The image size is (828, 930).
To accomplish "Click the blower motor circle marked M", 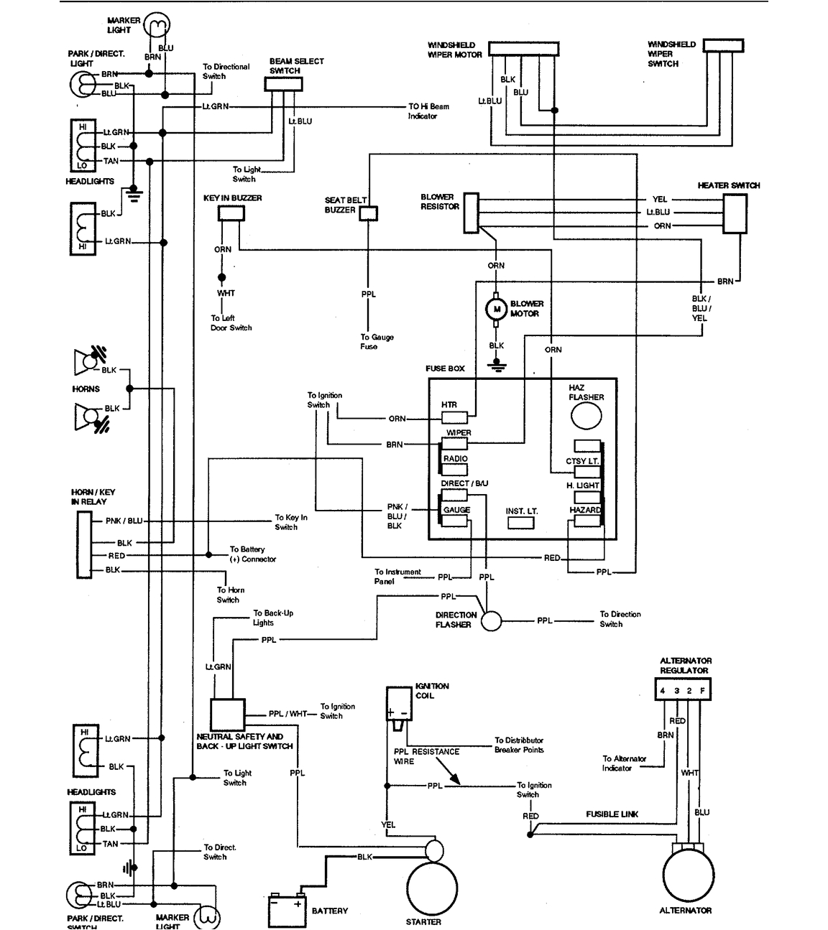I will point(495,310).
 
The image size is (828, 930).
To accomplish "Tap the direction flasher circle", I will point(491,621).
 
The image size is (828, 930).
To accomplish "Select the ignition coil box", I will point(399,704).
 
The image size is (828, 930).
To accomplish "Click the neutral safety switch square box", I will point(228,715).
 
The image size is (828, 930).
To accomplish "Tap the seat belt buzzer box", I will point(368,213).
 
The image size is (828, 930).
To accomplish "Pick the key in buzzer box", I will point(231,214).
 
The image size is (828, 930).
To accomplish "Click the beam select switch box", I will point(283,84).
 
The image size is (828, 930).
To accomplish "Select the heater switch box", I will point(735,213).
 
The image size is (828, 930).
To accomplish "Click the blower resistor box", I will point(471,213).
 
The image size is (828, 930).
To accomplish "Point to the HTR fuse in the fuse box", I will point(454,417).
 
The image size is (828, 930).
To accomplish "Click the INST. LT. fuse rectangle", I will point(521,523).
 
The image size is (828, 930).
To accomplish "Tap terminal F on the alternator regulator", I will point(703,691).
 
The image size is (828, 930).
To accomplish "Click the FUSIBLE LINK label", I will point(612,814).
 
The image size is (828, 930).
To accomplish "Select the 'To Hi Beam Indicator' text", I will point(429,111).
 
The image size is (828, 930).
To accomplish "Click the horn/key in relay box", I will point(84,545).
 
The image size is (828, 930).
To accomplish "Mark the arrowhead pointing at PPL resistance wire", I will point(456,782).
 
